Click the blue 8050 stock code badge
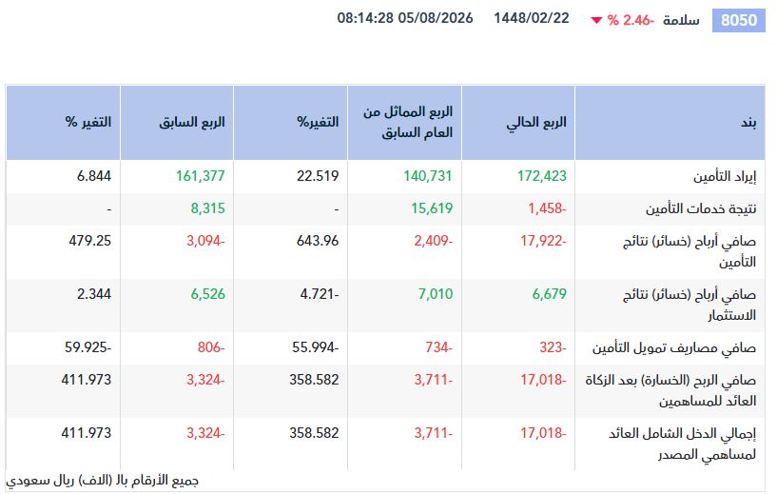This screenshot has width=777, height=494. coord(738,20)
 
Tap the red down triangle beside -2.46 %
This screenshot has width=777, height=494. coord(596,20)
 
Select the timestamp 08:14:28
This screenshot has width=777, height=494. coord(365,18)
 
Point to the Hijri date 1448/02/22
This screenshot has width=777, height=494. coord(532,18)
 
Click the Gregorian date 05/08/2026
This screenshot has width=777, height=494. coord(436,18)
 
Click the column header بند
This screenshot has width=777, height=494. coord(748,122)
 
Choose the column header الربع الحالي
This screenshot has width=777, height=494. coord(536,123)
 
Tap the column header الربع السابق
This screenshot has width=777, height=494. coord(192,122)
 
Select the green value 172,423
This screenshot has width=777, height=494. coord(542,176)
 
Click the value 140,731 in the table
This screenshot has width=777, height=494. coord(428,176)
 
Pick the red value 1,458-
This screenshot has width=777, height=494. coord(547,208)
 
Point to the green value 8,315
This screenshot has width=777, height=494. coord(207,208)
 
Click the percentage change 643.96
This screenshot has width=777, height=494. coord(318,241)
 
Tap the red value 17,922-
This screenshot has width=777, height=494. coord(543,241)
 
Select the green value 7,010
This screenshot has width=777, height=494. coord(436,294)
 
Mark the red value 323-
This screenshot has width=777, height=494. coord(553,347)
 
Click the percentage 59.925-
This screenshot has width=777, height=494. coord(87,347)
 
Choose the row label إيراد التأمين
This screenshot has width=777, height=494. coord(725,177)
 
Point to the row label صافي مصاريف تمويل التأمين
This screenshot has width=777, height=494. coord(674,348)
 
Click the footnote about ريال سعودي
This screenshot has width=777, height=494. coord(102,481)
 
